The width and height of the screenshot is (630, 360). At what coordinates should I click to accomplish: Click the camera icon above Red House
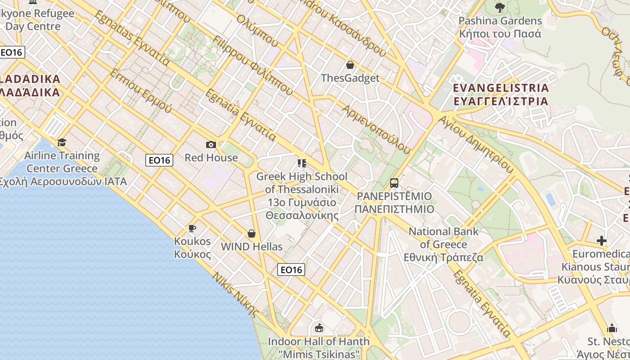(x=211, y=144)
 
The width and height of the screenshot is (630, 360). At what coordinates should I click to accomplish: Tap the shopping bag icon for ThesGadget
(x=350, y=65)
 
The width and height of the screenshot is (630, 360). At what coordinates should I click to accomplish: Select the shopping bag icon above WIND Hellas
(x=252, y=234)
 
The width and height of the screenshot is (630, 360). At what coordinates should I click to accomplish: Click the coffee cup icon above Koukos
(x=192, y=228)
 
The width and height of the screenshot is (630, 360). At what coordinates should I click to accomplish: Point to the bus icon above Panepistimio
(x=394, y=183)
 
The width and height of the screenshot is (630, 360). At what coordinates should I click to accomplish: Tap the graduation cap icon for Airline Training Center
(x=62, y=142)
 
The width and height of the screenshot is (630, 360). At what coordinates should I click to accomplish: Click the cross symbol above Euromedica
(x=602, y=241)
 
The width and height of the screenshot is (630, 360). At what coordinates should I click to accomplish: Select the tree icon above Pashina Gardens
(x=499, y=7)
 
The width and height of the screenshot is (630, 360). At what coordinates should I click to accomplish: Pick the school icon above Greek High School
(x=301, y=163)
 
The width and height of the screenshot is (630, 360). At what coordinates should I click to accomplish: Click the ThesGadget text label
(x=350, y=78)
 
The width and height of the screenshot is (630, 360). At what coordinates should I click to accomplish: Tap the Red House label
(x=211, y=157)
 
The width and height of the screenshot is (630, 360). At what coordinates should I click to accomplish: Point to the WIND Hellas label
(x=252, y=247)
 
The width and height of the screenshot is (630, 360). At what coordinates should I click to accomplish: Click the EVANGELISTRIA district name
(x=501, y=88)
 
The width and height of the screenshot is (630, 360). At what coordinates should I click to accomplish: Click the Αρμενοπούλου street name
(x=376, y=129)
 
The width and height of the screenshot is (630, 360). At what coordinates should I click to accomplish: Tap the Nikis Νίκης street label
(x=236, y=295)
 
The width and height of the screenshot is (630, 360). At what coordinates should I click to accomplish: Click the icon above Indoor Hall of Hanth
(x=319, y=328)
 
